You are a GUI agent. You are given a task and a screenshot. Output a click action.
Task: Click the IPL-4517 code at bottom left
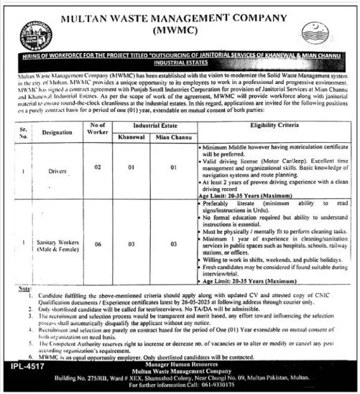pyautogui.click(x=26, y=366)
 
